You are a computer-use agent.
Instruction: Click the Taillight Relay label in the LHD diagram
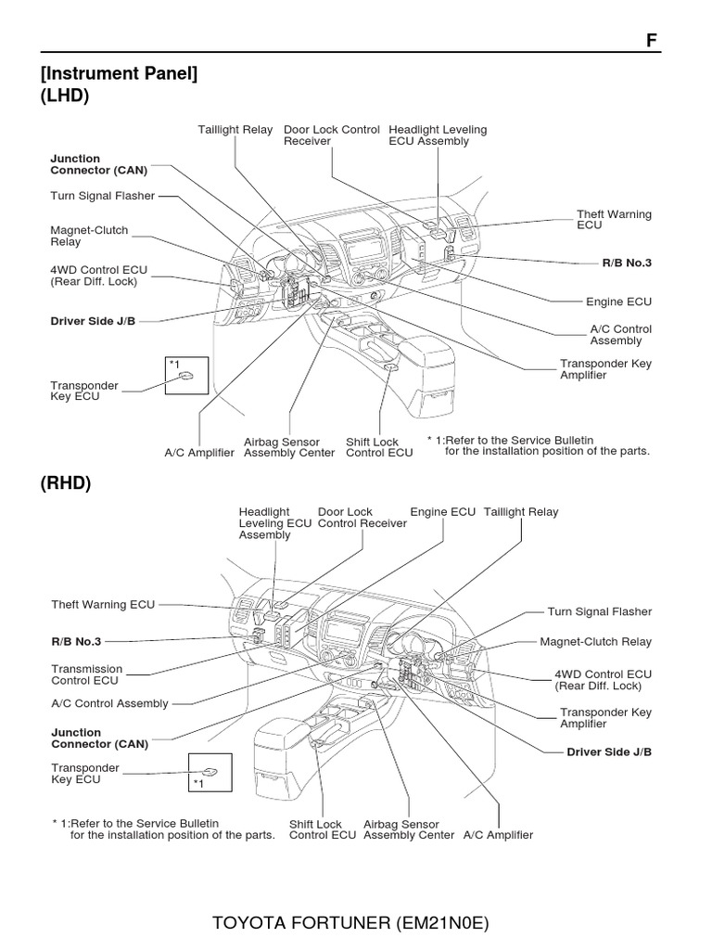click(x=235, y=130)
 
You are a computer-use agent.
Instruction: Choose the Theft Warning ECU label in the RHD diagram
click(x=103, y=605)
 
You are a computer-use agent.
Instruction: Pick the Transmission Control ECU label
click(x=86, y=674)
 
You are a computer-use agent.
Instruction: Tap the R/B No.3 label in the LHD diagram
click(x=627, y=263)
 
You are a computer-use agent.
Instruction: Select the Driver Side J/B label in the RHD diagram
click(x=609, y=751)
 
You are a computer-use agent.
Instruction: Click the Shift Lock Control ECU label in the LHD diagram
click(x=379, y=447)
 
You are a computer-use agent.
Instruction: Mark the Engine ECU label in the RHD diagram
click(x=442, y=512)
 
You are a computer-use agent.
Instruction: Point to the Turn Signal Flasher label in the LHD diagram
click(x=103, y=196)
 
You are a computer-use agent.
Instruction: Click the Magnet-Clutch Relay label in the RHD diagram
click(x=596, y=641)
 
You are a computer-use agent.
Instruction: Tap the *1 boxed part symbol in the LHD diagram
click(x=186, y=375)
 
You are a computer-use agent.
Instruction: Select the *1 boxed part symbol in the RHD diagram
click(x=210, y=771)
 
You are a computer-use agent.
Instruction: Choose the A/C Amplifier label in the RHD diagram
click(x=498, y=835)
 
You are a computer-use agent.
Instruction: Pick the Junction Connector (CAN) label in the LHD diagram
click(x=98, y=164)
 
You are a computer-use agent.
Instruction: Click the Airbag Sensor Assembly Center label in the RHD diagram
click(x=409, y=829)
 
